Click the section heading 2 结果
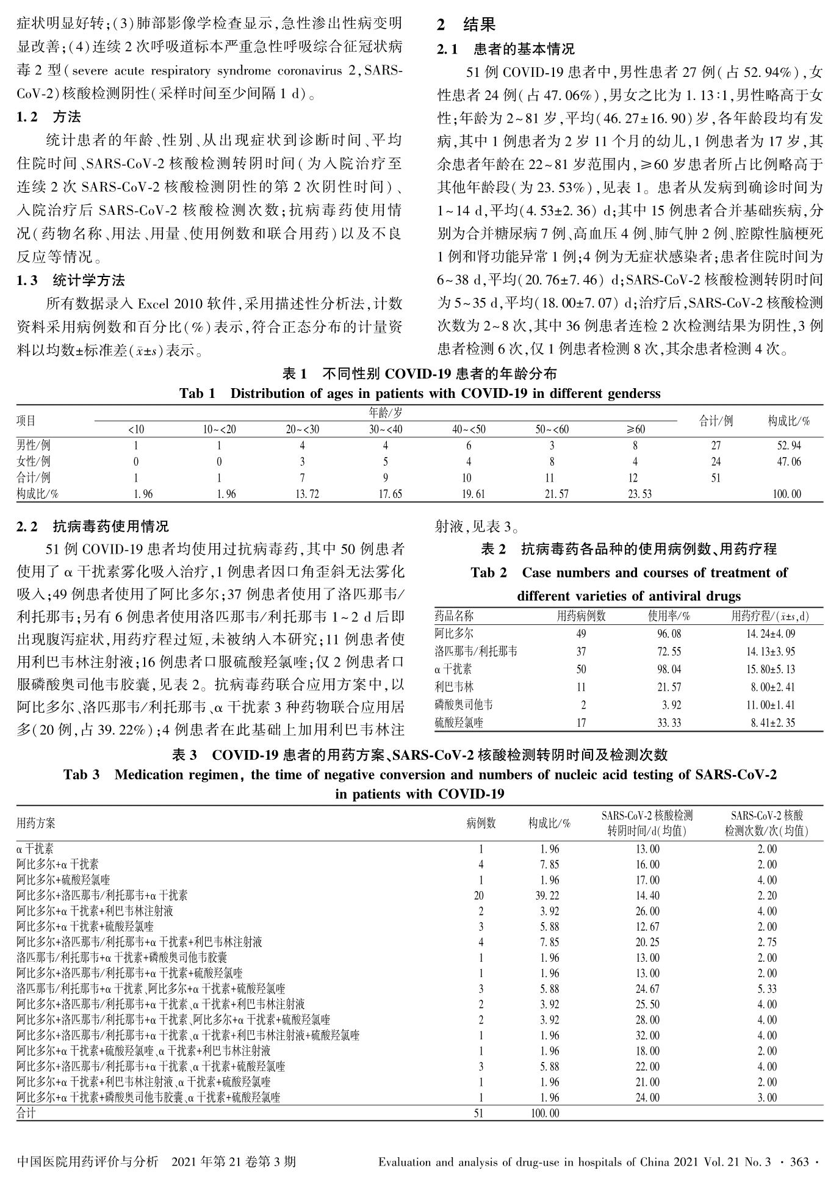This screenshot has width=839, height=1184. (467, 25)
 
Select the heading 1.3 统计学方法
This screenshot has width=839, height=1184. (71, 281)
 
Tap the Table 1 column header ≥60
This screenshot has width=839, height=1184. (635, 429)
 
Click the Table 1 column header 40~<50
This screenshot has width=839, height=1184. (469, 429)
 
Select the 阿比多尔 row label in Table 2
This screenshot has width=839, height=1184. (454, 634)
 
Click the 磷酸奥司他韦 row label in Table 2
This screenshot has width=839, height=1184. (464, 705)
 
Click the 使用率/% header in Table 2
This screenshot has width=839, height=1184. (669, 616)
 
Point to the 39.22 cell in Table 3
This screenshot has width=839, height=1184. (549, 895)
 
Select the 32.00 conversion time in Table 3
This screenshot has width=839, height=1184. (647, 1035)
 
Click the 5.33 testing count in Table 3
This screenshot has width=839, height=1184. (767, 989)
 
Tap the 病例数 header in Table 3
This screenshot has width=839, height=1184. (481, 823)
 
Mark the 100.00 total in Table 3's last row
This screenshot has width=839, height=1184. (544, 1113)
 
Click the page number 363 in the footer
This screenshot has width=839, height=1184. (799, 1161)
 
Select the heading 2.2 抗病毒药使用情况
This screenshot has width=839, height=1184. (93, 526)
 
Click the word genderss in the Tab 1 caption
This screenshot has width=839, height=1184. (634, 394)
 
